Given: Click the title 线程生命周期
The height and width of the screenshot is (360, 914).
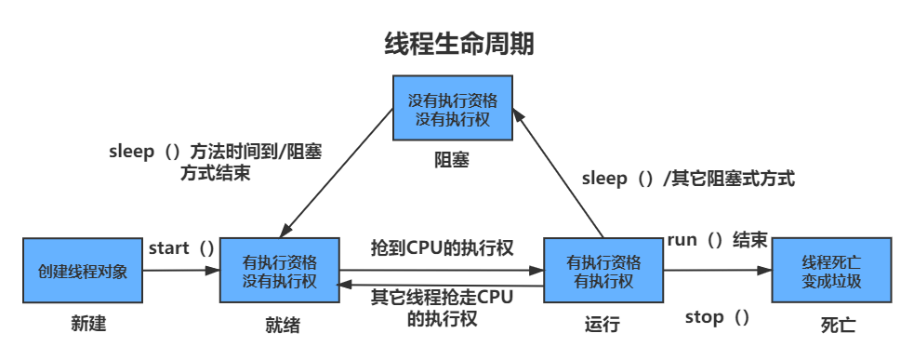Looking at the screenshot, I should (459, 44).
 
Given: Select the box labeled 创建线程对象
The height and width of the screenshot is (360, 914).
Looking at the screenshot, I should (83, 271).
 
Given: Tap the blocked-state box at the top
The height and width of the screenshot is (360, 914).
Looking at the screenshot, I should (452, 109).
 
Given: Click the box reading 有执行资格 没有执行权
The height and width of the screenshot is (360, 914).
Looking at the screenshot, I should (279, 271).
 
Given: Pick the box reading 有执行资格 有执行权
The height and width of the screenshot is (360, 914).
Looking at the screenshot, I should (603, 271).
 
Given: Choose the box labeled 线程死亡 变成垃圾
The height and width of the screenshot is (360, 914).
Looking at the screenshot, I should (831, 271).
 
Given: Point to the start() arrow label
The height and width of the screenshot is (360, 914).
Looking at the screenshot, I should (181, 247).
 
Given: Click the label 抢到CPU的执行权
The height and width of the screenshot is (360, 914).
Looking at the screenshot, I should (442, 247).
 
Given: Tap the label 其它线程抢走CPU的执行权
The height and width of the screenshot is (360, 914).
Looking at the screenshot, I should (442, 306).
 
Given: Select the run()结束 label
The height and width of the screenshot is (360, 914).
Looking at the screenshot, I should (717, 240).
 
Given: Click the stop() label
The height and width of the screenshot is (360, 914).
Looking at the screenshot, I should (717, 317).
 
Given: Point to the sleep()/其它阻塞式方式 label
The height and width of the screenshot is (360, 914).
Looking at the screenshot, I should (688, 179).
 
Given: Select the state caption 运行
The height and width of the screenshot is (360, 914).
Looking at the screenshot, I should (602, 325).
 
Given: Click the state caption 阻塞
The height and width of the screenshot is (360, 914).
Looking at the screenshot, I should (452, 160).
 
